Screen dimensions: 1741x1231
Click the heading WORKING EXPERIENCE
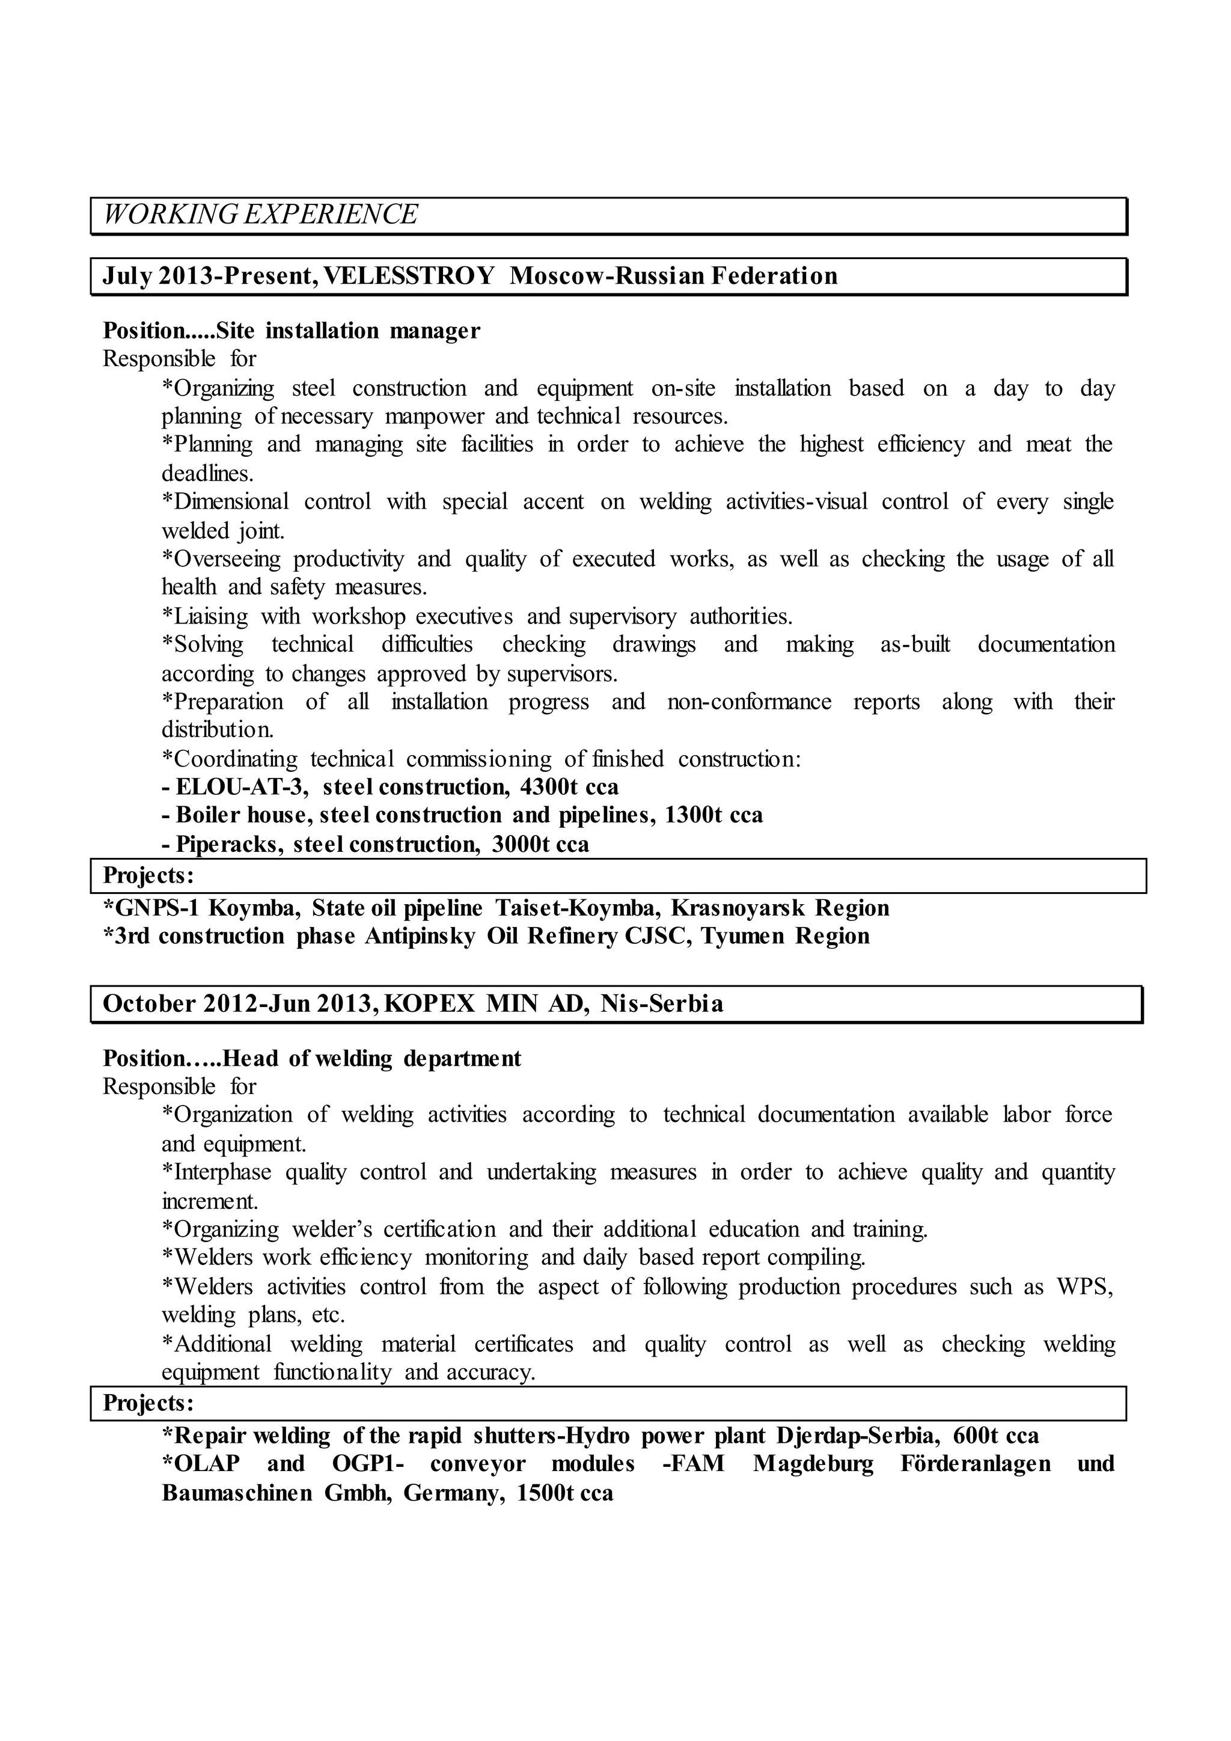pos(260,215)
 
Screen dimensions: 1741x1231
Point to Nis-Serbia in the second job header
pos(662,1004)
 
